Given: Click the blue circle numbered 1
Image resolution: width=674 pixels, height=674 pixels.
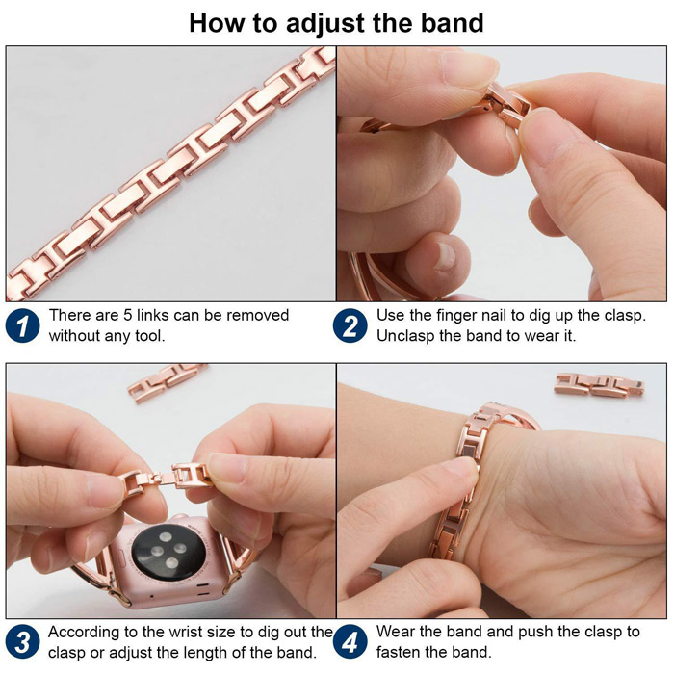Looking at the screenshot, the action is click(x=22, y=325).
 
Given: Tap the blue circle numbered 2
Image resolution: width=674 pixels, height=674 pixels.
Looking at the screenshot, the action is click(x=350, y=325).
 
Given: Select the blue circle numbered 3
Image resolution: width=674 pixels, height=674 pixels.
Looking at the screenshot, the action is click(x=22, y=642).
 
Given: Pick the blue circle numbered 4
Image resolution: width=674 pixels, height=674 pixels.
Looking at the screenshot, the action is click(x=350, y=642).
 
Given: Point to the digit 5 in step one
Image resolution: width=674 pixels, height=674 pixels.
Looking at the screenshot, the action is click(x=128, y=315).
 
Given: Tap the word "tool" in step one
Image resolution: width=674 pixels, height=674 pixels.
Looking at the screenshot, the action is click(x=150, y=336).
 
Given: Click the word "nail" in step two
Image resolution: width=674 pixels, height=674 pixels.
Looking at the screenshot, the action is click(x=495, y=315).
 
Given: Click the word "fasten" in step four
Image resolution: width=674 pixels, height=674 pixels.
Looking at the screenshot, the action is click(x=398, y=652).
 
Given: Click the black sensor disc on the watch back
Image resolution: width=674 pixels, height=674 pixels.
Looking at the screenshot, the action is click(x=168, y=552).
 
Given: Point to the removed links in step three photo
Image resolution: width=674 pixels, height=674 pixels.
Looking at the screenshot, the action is click(x=167, y=381).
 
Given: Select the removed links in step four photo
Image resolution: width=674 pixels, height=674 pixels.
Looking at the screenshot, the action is click(x=599, y=384).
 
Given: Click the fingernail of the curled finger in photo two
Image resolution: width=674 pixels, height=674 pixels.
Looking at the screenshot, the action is click(x=445, y=256).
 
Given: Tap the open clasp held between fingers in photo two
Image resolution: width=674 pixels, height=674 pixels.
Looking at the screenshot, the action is click(x=506, y=104).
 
